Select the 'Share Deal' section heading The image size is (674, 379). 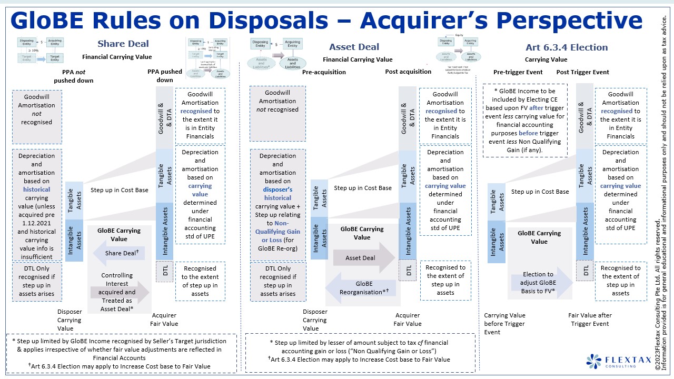pyautogui.click(x=123, y=44)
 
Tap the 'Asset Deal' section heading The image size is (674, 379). pyautogui.click(x=354, y=47)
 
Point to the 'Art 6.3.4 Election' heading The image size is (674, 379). pyautogui.click(x=567, y=47)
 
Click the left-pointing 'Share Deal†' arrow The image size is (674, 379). pyautogui.click(x=118, y=253)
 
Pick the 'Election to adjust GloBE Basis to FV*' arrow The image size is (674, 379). pyautogui.click(x=540, y=283)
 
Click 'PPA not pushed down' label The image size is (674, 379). pyautogui.click(x=73, y=76)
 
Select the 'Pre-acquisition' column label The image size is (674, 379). pyautogui.click(x=324, y=72)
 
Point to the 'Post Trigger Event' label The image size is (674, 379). pyautogui.click(x=583, y=72)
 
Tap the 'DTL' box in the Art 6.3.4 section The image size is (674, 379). pyautogui.click(x=586, y=271)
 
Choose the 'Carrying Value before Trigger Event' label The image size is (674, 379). pyautogui.click(x=504, y=324)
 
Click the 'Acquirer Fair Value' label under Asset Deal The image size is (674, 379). pyautogui.click(x=408, y=320)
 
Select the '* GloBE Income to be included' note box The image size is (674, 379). pyautogui.click(x=525, y=121)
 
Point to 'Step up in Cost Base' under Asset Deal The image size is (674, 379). pyautogui.click(x=363, y=188)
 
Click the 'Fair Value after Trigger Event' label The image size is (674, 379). pyautogui.click(x=590, y=320)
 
